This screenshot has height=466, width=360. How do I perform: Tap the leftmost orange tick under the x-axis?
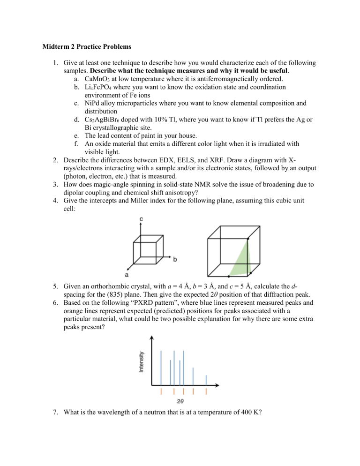(161, 391)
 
